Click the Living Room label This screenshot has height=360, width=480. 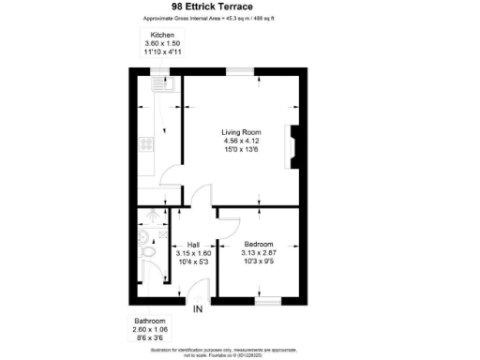click(x=241, y=132)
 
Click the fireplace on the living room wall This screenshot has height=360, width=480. click(x=294, y=148)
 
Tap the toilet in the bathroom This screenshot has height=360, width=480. click(x=145, y=256)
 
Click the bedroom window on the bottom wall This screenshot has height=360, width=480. click(x=268, y=299)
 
